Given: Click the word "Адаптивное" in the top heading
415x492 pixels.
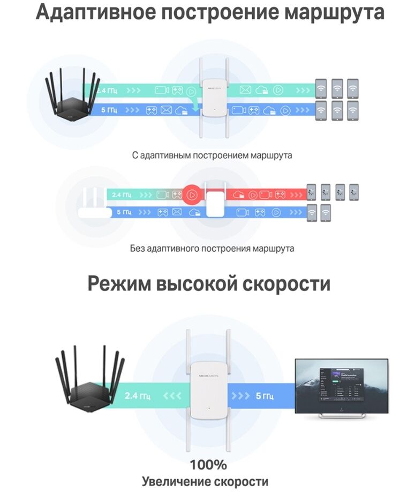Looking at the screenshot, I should tap(91, 12).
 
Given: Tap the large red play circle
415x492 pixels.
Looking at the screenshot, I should tap(191, 195).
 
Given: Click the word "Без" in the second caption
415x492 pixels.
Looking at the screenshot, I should tap(138, 248).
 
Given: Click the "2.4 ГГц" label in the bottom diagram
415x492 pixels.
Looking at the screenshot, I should tap(138, 396).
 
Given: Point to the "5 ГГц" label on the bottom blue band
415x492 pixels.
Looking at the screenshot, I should tap(264, 396).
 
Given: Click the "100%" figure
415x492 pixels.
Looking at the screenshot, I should tap(208, 464).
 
